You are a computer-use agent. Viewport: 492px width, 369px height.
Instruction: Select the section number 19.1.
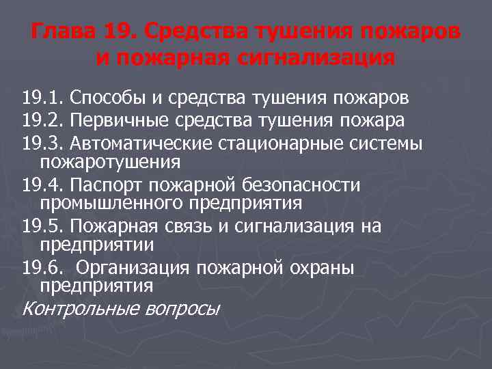click(42, 98)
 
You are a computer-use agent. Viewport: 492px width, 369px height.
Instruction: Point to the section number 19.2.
click(42, 121)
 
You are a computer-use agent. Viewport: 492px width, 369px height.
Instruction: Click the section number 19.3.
click(42, 144)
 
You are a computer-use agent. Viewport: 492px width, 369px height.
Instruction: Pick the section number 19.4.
click(42, 186)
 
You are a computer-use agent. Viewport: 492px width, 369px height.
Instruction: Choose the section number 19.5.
click(42, 227)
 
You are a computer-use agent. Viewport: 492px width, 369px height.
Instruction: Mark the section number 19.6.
click(42, 269)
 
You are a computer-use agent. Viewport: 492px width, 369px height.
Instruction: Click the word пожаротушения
click(110, 163)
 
